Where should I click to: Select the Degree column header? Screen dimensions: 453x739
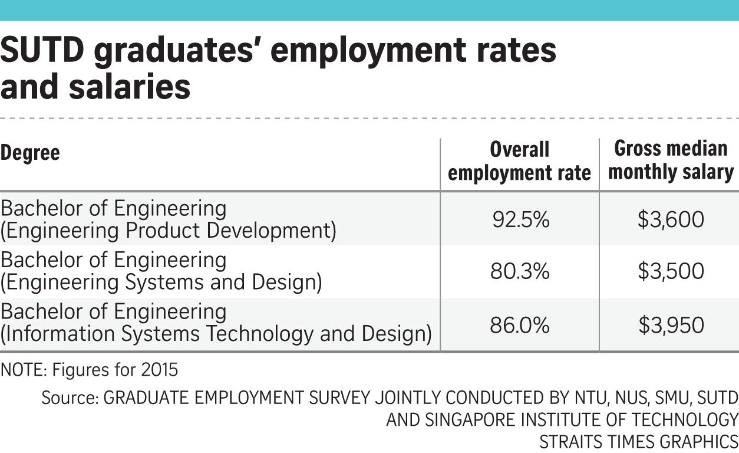pos(30,153)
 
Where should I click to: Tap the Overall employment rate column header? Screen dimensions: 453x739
pos(520,161)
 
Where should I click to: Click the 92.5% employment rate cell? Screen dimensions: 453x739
pos(520,220)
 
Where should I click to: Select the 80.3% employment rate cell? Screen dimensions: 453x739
pos(520,271)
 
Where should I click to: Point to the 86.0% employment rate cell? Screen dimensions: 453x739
pos(520,325)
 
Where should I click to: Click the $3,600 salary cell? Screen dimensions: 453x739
pos(671,220)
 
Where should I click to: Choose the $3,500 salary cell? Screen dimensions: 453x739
pos(671,271)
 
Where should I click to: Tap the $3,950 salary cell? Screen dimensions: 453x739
pos(671,325)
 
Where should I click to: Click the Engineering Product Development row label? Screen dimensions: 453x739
pos(168,231)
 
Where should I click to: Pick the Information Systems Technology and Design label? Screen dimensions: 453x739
pos(216,334)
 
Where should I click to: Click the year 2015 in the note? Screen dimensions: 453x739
pos(159,370)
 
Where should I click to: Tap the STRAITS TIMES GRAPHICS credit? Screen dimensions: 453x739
pos(639,441)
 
